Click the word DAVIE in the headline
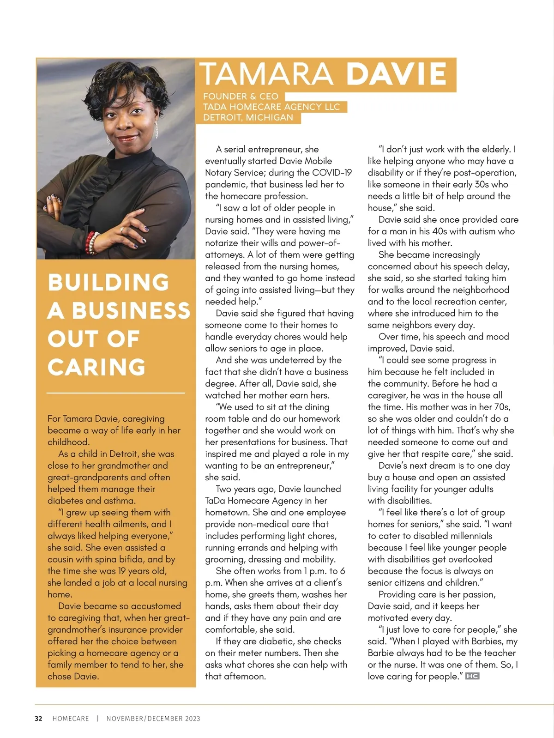[x=397, y=74]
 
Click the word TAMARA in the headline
[x=266, y=74]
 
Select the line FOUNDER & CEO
[x=241, y=97]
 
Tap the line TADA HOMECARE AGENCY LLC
[x=271, y=107]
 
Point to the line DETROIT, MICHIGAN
[x=248, y=118]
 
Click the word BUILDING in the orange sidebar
[x=108, y=283]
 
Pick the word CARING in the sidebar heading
[x=96, y=367]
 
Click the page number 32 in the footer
[x=38, y=719]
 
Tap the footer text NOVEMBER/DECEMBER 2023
[x=153, y=719]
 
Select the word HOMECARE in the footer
[x=71, y=719]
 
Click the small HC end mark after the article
[x=472, y=676]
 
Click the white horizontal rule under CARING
[x=116, y=393]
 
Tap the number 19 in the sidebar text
[x=122, y=571]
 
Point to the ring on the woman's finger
[x=122, y=229]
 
